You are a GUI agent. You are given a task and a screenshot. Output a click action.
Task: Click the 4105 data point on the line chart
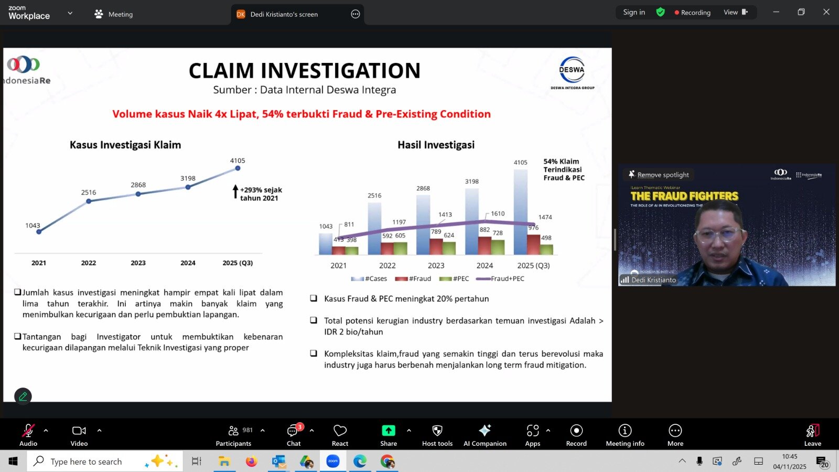[238, 168]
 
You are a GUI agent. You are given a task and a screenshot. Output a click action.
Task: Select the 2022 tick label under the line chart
[89, 263]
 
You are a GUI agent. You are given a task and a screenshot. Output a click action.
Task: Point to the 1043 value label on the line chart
[33, 226]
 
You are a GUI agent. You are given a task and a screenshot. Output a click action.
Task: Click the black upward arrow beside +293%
[235, 192]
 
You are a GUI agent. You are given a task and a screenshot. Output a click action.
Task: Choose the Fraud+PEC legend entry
[500, 278]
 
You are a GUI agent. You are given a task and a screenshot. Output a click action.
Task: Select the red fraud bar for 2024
[485, 245]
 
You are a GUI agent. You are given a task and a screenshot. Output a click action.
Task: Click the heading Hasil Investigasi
[436, 145]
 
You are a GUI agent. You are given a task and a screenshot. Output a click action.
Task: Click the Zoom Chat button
[294, 435]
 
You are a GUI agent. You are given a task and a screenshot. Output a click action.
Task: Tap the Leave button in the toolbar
[812, 435]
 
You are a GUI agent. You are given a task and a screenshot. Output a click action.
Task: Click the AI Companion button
[485, 435]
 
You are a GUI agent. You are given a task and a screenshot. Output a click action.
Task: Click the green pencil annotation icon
[23, 396]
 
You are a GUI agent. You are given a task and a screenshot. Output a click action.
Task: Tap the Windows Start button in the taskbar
[13, 462]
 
